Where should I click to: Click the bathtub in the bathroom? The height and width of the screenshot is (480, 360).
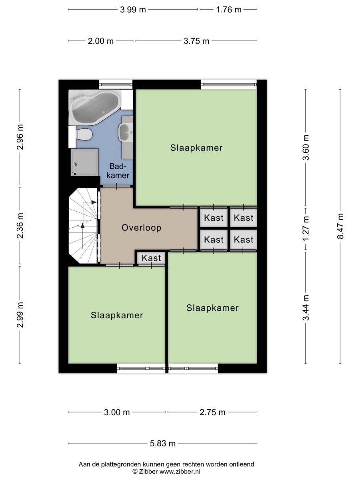(x=95, y=107)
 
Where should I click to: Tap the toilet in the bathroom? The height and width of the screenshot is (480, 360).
(x=84, y=134)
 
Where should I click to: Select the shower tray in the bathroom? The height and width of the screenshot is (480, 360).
(x=84, y=162)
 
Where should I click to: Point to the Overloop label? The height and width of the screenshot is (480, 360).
(x=141, y=228)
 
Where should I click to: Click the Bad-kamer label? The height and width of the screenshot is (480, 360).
(x=120, y=171)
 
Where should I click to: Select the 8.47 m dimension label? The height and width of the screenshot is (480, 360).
(x=340, y=226)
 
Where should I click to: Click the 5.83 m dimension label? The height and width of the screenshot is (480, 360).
(x=162, y=443)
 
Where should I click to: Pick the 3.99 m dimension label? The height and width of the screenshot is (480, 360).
(x=133, y=10)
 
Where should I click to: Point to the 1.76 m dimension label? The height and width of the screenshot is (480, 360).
(x=229, y=10)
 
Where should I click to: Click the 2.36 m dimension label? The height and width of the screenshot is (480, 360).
(x=20, y=226)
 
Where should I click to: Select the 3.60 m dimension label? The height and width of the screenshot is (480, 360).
(x=306, y=146)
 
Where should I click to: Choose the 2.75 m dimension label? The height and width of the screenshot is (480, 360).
(x=212, y=412)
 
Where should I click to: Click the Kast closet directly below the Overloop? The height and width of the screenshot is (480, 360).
(x=151, y=258)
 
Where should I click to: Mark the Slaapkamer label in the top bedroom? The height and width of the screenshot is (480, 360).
(x=196, y=148)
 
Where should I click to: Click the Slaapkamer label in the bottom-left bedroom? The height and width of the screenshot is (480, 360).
(x=117, y=315)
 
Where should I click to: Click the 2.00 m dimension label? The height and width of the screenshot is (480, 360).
(x=101, y=41)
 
